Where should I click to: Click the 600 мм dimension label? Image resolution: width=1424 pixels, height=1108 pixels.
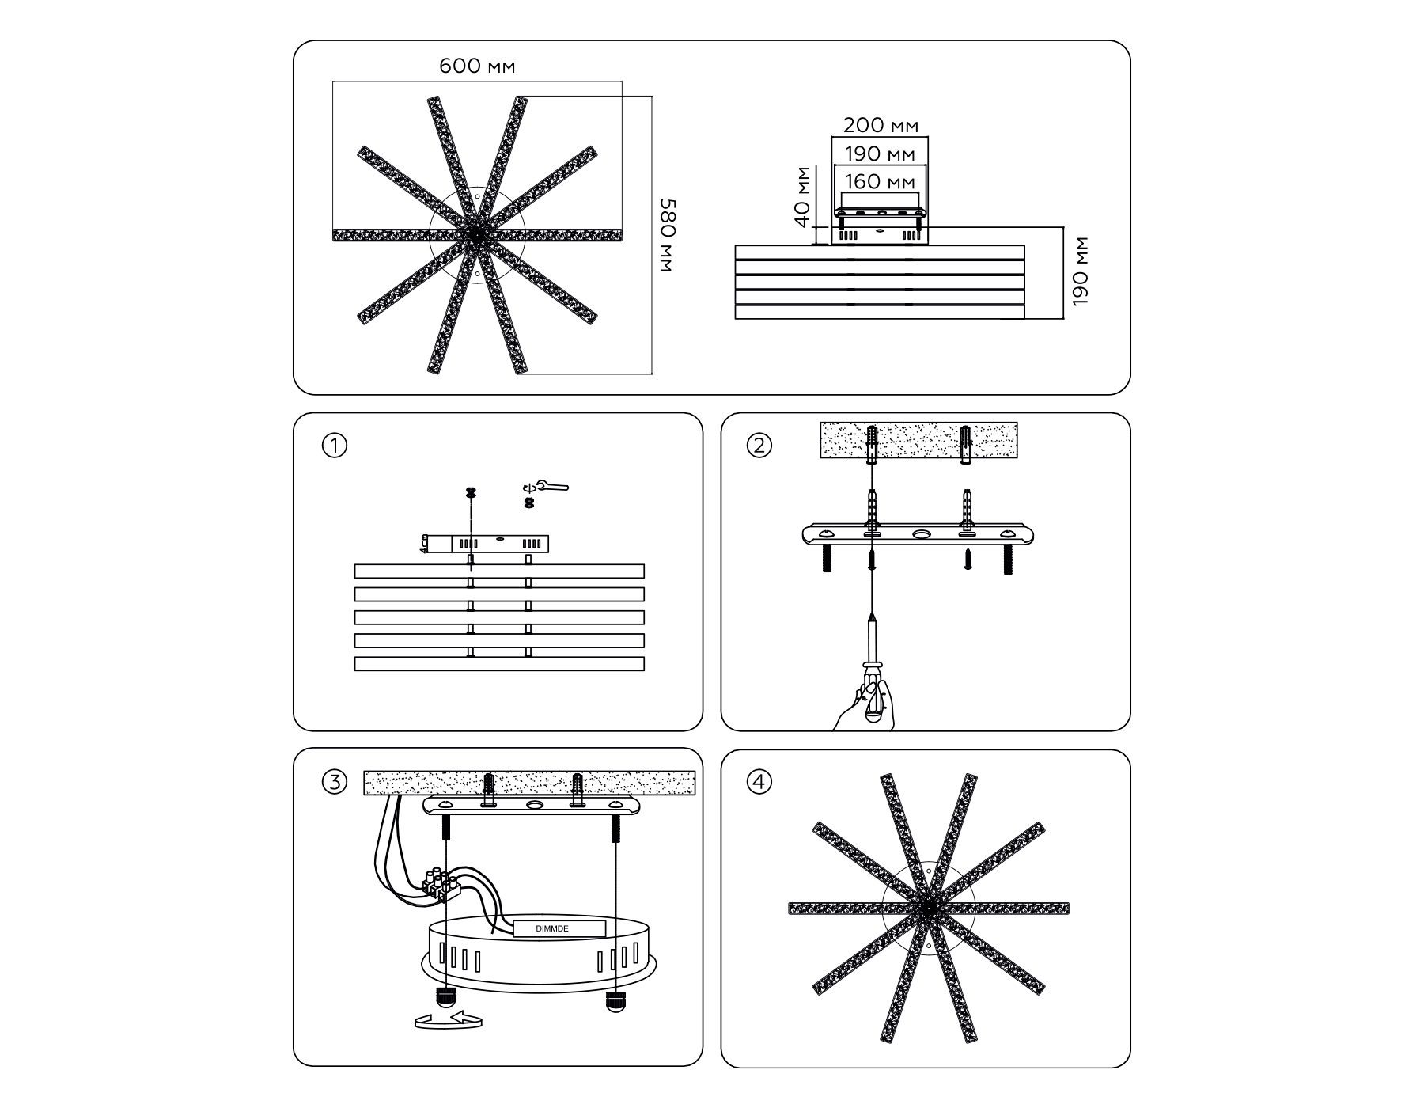[477, 66]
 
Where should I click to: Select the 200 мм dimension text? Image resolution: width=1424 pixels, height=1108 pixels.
[881, 125]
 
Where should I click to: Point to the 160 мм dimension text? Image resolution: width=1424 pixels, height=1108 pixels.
[881, 181]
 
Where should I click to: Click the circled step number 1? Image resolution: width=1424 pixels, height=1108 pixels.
[335, 446]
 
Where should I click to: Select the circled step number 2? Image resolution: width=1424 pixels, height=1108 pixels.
[759, 446]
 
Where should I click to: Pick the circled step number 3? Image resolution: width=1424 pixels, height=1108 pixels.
[335, 783]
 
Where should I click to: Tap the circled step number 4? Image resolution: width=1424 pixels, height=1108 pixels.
[759, 783]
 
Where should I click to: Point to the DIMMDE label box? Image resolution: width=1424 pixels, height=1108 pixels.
[559, 929]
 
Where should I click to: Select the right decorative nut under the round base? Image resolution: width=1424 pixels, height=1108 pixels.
[614, 1001]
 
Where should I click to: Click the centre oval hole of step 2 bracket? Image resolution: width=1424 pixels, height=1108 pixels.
[921, 535]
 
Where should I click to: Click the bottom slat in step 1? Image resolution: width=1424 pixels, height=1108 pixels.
[499, 664]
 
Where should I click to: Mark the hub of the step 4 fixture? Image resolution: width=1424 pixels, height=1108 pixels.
[927, 909]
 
